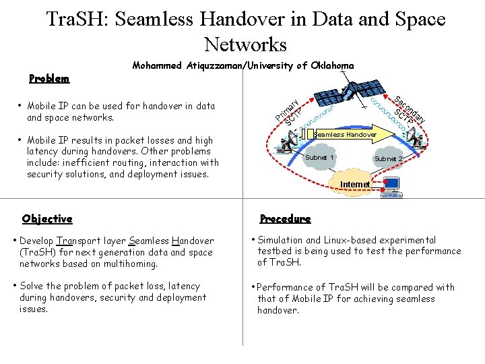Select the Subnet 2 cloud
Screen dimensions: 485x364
[x=388, y=159]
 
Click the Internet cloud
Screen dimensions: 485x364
[x=354, y=184]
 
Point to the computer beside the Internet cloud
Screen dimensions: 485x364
[x=391, y=186]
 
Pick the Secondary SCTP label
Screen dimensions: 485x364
[x=408, y=112]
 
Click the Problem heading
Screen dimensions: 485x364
[x=49, y=79]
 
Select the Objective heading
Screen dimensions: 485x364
[x=47, y=219]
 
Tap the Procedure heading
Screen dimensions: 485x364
[x=286, y=219]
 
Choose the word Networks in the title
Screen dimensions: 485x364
[x=245, y=44]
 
